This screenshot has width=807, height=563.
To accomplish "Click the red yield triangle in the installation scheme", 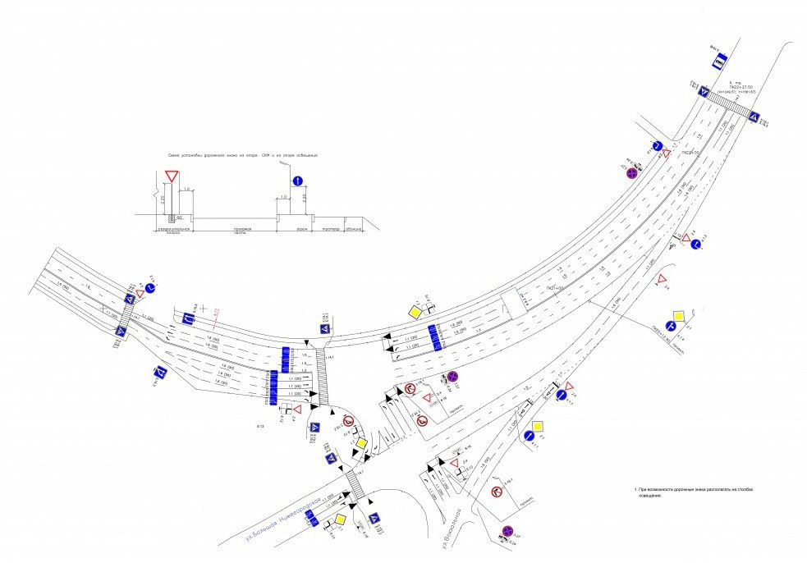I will (172, 176).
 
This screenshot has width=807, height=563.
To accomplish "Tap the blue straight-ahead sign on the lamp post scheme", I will (297, 181).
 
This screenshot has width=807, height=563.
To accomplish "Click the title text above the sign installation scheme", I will (241, 154).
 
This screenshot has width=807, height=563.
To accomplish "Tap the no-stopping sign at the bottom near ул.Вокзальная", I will (507, 531).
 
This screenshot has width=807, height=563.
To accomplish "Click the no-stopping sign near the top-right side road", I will (630, 172).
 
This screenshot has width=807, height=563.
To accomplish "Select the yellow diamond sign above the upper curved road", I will (416, 313).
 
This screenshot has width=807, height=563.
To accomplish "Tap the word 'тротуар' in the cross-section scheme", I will (332, 229).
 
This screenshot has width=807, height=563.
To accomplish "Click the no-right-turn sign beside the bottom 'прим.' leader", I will (496, 492).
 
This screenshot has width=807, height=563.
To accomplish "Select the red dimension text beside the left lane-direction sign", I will (216, 311).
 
